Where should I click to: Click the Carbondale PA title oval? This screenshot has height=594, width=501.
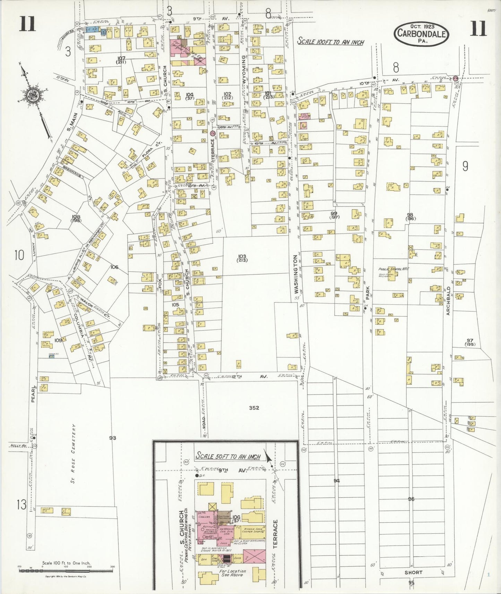pos(422,34)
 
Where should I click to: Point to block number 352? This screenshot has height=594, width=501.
pos(254,408)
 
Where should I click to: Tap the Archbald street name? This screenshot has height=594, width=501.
pos(448,301)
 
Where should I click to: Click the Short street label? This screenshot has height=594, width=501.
pos(413,572)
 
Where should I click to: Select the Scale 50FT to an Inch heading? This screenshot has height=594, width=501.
pos(227,456)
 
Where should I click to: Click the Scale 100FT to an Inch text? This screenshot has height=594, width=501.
pos(331,42)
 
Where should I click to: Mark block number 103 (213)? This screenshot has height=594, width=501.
pos(242,258)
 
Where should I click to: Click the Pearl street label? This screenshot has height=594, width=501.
pos(34,394)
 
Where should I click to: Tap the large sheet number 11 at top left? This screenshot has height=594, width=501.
pos(28,24)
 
